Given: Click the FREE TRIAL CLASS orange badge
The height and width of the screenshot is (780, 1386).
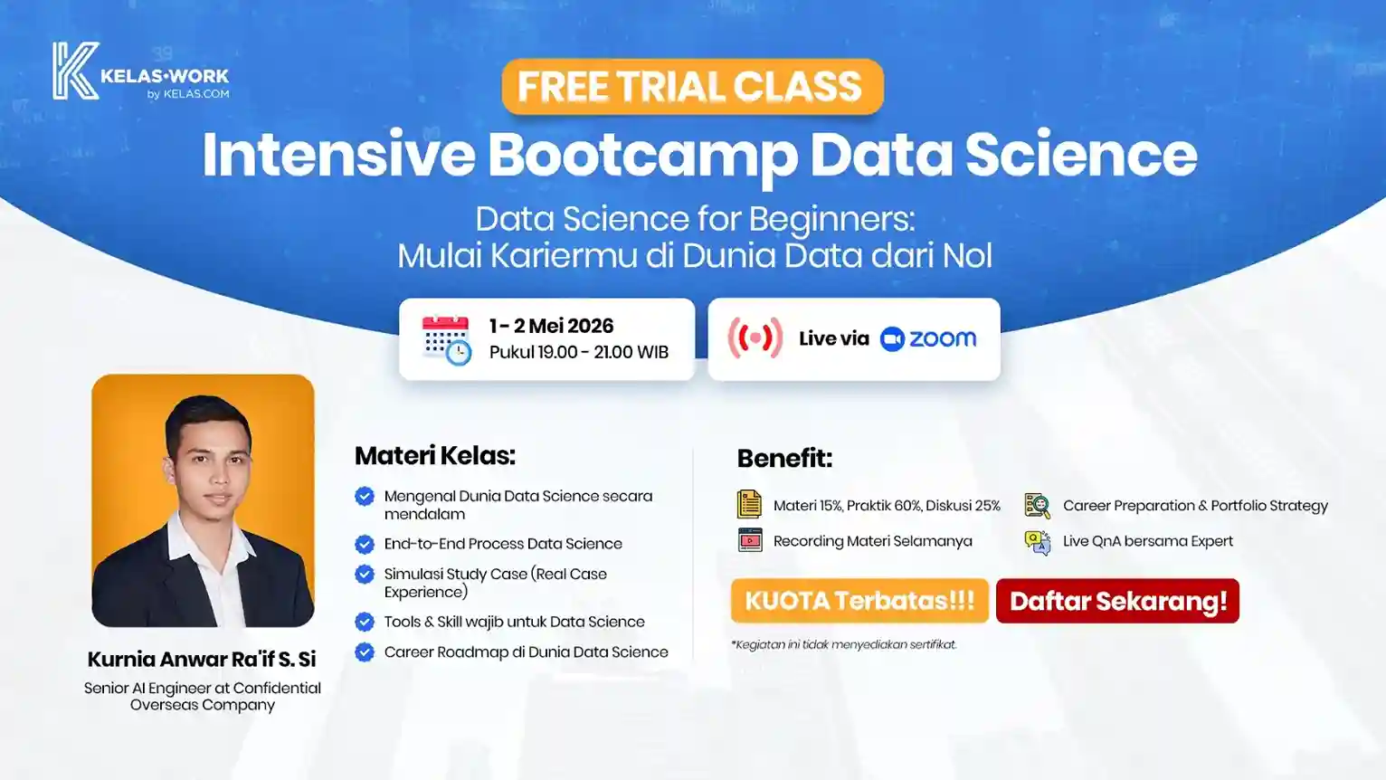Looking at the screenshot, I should [692, 87].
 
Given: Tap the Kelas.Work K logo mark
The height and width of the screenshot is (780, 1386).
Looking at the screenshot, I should [74, 71].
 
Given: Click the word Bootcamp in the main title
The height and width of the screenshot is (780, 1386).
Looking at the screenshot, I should [642, 155].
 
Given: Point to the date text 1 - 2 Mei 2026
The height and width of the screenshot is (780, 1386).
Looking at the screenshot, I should [551, 326].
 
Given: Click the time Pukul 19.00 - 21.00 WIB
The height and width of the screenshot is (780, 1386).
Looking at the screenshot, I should [579, 352].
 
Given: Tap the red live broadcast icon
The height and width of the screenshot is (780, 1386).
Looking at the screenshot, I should [755, 338].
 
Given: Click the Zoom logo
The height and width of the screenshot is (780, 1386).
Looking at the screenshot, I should [928, 338].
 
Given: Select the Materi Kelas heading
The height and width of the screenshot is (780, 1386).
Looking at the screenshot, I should [434, 455].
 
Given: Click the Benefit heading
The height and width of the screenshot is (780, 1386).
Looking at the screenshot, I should [784, 458].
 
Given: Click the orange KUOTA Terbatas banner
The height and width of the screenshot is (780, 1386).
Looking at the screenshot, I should [859, 601].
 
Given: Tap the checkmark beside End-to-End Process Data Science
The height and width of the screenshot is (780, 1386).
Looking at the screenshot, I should [365, 544].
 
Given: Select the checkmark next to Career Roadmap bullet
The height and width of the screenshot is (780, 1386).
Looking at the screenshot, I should [365, 652].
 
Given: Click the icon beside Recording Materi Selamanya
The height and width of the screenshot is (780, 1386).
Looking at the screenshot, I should [750, 541].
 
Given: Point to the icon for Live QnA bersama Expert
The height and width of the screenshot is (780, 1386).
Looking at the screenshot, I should [1037, 541].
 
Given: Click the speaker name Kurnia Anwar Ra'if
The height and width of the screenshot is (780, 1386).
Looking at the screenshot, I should [202, 659].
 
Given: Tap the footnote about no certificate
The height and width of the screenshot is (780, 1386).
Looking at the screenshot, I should [843, 644].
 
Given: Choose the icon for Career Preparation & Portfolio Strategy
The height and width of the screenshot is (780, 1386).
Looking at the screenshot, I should [1037, 506].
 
